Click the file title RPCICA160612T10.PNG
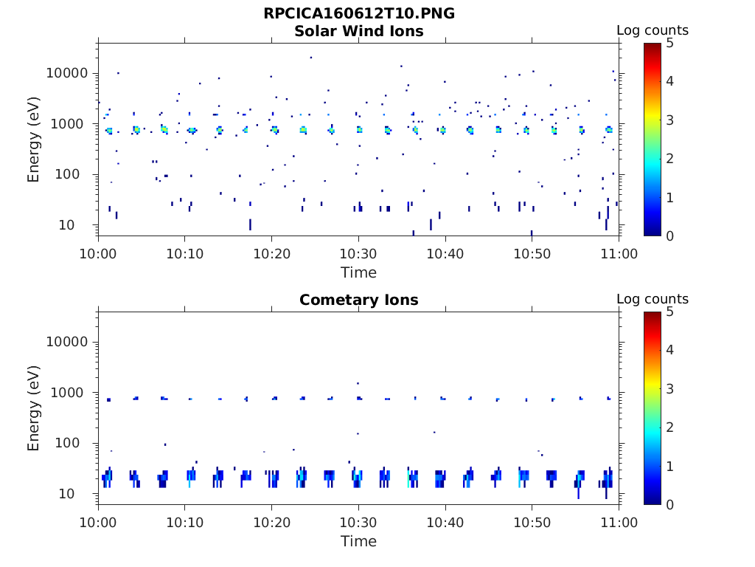(x=359, y=13)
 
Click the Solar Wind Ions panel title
(x=359, y=31)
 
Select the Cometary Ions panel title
(x=359, y=300)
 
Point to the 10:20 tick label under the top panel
(x=272, y=254)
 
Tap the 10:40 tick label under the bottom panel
(x=445, y=523)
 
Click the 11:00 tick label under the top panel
(x=619, y=254)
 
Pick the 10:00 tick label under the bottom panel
(x=99, y=523)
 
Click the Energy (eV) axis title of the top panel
(x=34, y=139)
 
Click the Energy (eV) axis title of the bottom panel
(x=34, y=408)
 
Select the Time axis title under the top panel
(x=358, y=272)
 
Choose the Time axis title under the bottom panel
(x=358, y=541)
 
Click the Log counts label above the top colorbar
(x=653, y=30)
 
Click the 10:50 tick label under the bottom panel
(x=532, y=523)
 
